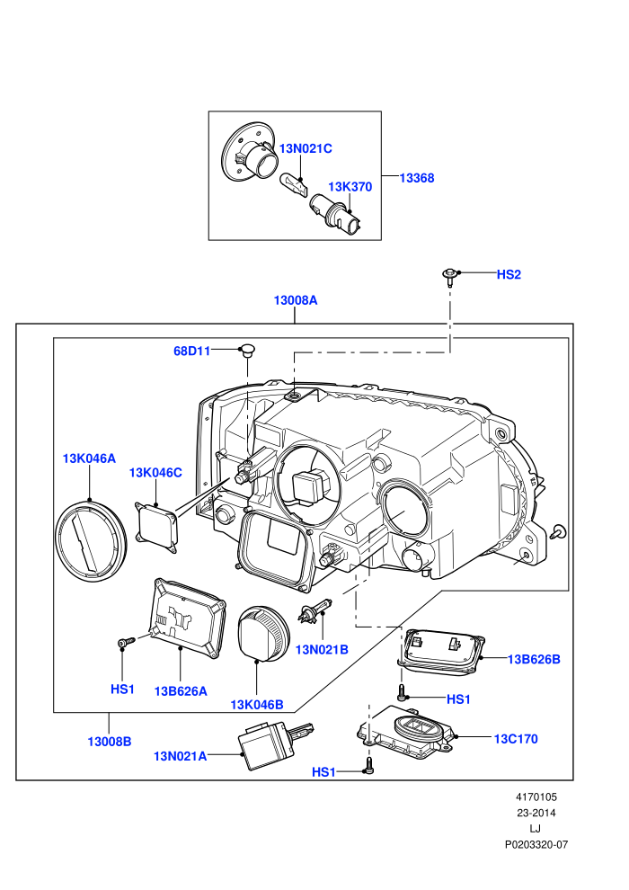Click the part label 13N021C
click(x=306, y=148)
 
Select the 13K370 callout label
click(x=350, y=187)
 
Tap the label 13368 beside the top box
click(x=417, y=178)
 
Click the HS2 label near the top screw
click(x=509, y=275)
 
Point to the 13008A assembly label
click(x=296, y=300)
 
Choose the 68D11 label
click(x=191, y=352)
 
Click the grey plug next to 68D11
click(x=247, y=350)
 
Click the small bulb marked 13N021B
click(x=314, y=610)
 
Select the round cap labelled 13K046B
click(x=263, y=633)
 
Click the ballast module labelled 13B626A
click(x=187, y=619)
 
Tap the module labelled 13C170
click(x=406, y=732)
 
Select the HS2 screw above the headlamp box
click(x=450, y=275)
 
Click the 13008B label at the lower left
click(x=110, y=742)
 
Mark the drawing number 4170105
click(x=536, y=797)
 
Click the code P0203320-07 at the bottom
click(x=536, y=845)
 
